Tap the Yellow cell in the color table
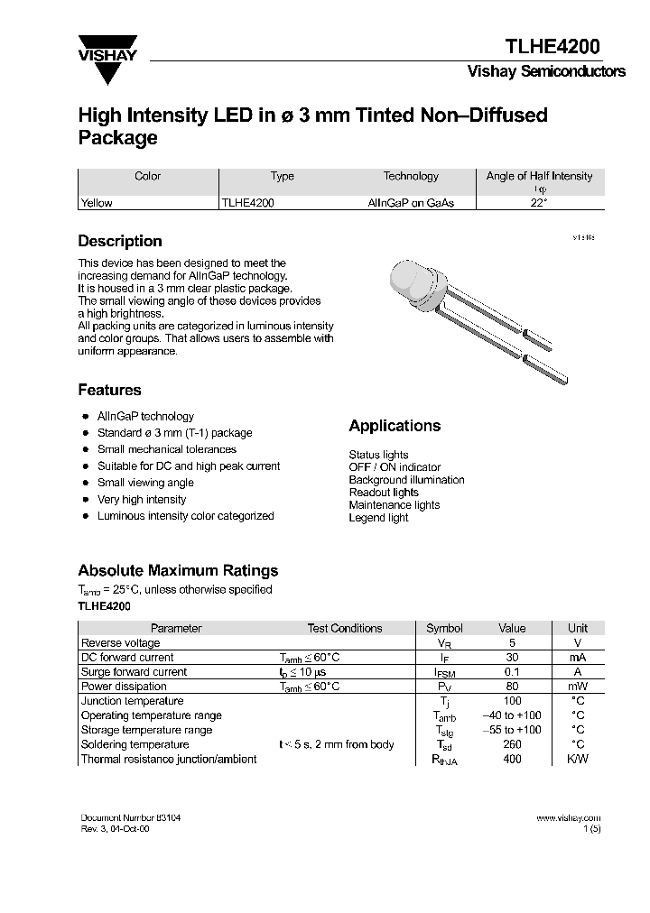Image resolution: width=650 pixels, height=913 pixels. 97,203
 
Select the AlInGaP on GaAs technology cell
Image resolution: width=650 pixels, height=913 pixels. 411,203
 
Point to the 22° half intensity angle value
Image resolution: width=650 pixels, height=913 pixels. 539,203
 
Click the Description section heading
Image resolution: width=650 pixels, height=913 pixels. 120,241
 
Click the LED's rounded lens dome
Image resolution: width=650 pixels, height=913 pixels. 404,276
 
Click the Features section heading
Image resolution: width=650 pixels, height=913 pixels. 109,390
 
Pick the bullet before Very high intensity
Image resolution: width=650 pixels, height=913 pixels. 85,500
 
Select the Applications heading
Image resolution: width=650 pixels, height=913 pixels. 395,426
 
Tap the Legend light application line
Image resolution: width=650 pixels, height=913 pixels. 378,518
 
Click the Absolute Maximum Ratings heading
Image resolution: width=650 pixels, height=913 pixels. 178,570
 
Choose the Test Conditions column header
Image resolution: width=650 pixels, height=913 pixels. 345,628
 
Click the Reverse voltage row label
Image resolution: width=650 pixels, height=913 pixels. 121,642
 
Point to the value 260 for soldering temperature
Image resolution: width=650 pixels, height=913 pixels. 512,744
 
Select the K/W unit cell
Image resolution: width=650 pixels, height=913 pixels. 577,759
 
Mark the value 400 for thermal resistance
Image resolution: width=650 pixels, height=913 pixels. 512,759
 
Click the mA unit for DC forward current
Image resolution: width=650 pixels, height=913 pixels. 577,658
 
